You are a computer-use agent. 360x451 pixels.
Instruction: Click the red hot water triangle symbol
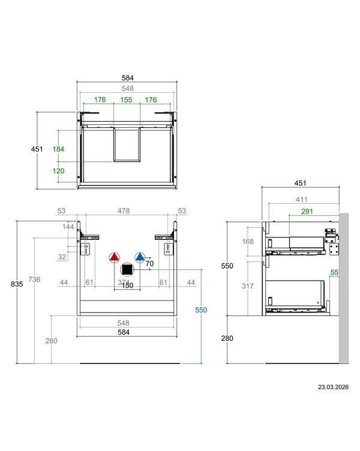tap(114, 257)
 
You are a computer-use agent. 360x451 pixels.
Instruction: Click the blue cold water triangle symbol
tap(140, 257)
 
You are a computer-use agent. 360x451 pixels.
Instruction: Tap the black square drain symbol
tap(127, 270)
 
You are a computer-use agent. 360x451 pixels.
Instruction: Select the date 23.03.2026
tap(333, 387)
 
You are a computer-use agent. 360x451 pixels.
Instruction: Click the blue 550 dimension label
tap(201, 310)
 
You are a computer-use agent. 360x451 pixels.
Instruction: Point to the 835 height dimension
tap(17, 284)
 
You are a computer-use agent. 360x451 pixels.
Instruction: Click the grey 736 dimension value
tap(34, 279)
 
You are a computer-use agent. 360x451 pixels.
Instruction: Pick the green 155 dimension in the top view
tap(126, 100)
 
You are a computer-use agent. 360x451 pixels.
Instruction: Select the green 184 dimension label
tap(58, 149)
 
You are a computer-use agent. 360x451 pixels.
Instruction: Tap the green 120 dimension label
tap(58, 171)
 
